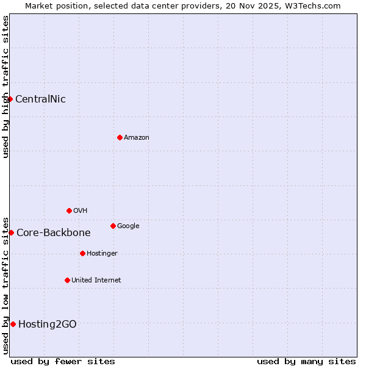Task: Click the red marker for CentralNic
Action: (x=10, y=99)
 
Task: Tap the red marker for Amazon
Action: (x=120, y=137)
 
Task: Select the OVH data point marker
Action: (x=69, y=210)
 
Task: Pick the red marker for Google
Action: (x=113, y=226)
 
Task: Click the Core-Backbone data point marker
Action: (x=11, y=232)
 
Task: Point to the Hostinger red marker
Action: (x=82, y=253)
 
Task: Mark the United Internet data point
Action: (x=67, y=280)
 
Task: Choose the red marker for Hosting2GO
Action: (x=13, y=324)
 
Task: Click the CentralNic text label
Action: (x=40, y=99)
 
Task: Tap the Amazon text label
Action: (x=137, y=137)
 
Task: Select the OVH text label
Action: (x=81, y=210)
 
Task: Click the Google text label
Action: (x=128, y=226)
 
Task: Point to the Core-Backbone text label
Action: (x=54, y=232)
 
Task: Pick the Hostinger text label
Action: (x=102, y=253)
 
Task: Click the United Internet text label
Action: (x=96, y=280)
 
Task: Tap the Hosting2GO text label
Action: (x=48, y=324)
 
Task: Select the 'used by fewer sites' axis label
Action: (x=63, y=361)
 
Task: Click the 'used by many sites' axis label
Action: (x=306, y=361)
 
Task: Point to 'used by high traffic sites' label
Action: (x=5, y=87)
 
